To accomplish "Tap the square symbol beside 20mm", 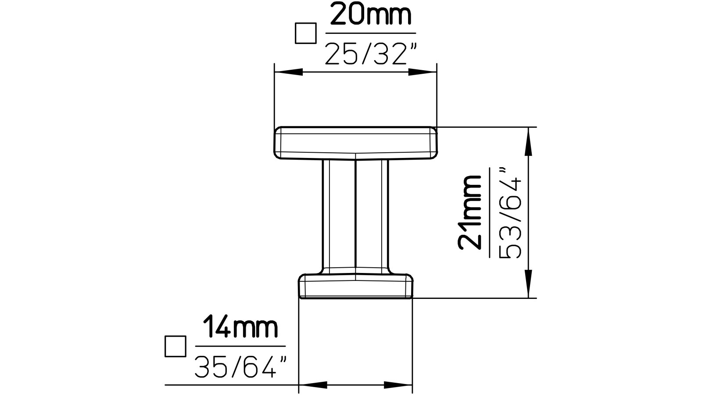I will click(305, 33).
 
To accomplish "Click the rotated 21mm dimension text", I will click(469, 212).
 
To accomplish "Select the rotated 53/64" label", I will click(510, 212).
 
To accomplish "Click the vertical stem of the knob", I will click(355, 215).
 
